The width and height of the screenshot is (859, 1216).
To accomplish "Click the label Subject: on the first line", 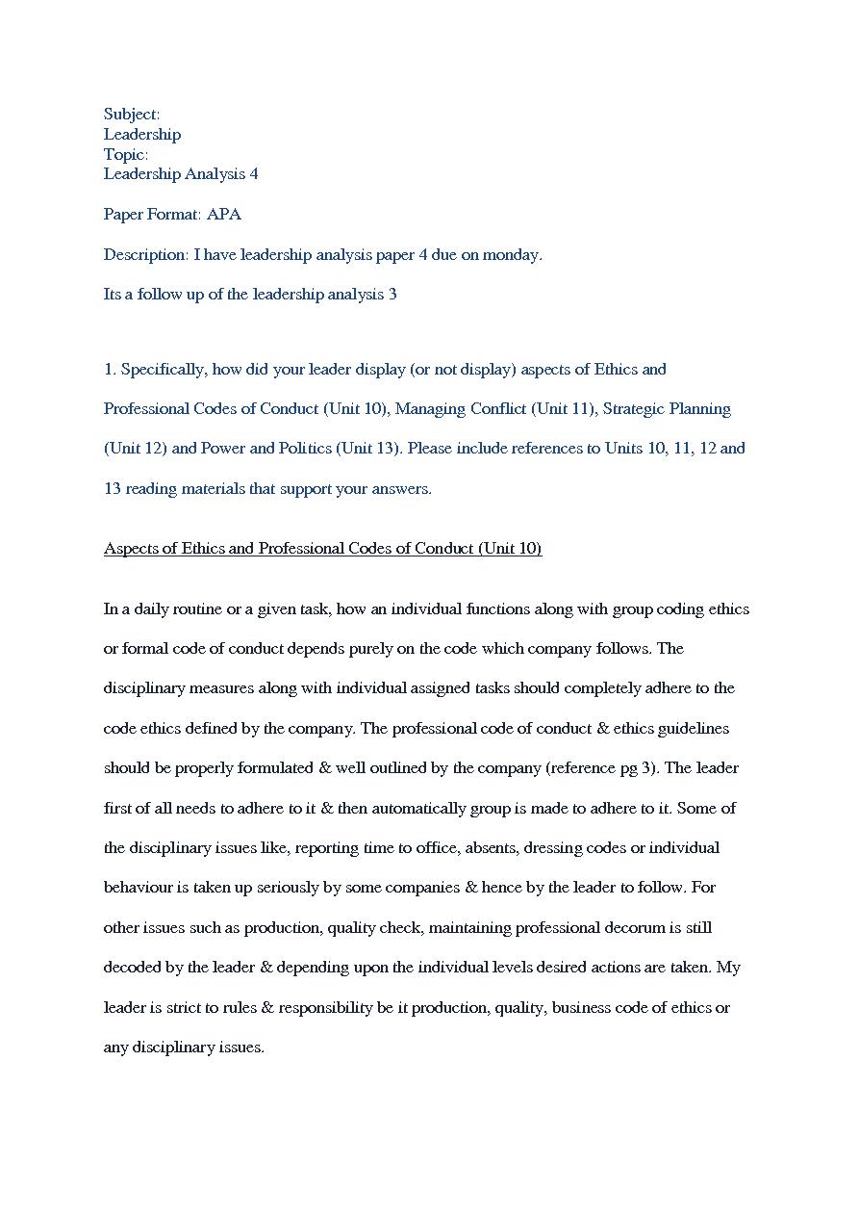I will point(132,115).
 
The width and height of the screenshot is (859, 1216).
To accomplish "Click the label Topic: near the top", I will point(126,154).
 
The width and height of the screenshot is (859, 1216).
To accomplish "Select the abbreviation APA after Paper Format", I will point(224,214).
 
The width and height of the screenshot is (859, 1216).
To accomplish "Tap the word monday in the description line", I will point(511,255).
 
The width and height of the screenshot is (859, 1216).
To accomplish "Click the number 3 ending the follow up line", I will point(392,295).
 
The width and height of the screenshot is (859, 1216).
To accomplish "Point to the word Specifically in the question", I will point(163,370).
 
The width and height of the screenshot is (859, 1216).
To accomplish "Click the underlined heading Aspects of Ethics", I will point(322,549).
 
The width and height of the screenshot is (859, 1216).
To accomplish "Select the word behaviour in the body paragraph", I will point(139,888).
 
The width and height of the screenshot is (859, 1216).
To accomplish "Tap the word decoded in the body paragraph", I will point(134,968).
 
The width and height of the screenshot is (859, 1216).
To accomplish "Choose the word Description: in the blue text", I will point(146,255).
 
